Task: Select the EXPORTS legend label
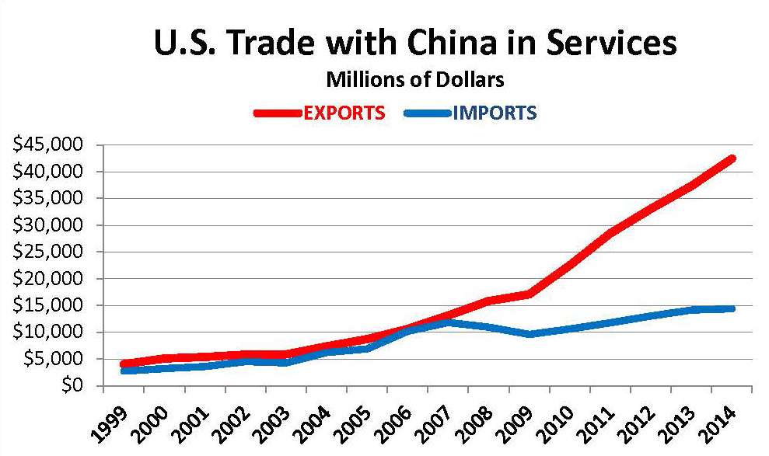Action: pyautogui.click(x=344, y=113)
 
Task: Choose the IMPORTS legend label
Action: pyautogui.click(x=495, y=113)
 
